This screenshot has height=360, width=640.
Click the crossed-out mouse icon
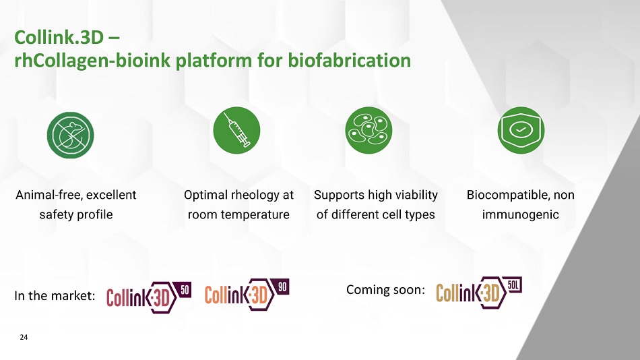(70, 136)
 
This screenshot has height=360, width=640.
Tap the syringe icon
(236, 130)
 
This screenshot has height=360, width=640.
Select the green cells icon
(369, 130)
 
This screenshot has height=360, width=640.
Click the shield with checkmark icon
(521, 130)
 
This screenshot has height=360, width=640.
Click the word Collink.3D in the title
(59, 38)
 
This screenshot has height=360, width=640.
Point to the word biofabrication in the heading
(350, 61)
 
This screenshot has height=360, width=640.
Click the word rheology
(255, 196)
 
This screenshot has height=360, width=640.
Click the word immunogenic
(520, 215)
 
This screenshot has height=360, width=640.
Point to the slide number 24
(24, 337)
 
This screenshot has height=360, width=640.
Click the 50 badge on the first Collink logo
(185, 290)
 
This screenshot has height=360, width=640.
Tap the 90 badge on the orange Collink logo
(282, 288)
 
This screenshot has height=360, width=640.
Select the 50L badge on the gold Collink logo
(513, 284)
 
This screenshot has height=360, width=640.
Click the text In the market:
(55, 295)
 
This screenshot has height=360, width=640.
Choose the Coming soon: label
(385, 290)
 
